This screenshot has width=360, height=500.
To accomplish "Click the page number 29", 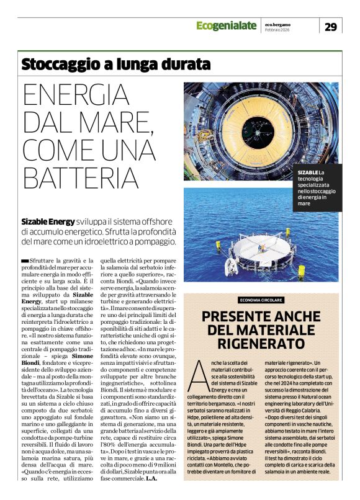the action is (x=331, y=26).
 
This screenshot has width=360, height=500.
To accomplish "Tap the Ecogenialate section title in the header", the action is (x=226, y=25).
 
